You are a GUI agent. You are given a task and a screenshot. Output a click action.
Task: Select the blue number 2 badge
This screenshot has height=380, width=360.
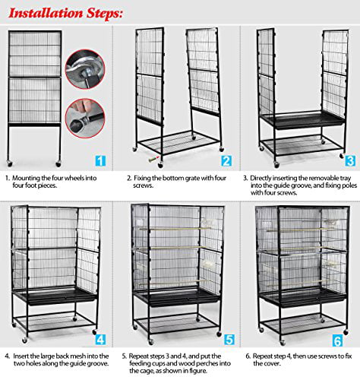(226, 161)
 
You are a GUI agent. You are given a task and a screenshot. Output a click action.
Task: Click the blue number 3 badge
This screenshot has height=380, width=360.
(349, 161)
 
